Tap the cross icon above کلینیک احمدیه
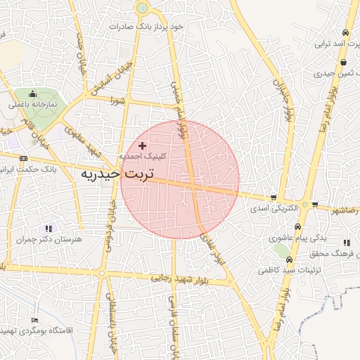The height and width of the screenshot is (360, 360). (x=143, y=146)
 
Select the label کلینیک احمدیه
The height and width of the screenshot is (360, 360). (x=143, y=156)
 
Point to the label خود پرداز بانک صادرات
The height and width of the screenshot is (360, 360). (x=146, y=26)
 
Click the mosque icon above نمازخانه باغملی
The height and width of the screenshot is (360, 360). (x=32, y=94)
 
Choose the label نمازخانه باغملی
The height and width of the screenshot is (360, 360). (x=32, y=104)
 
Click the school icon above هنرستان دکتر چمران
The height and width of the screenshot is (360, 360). (x=49, y=229)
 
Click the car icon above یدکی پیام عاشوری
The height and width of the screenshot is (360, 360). (x=298, y=227)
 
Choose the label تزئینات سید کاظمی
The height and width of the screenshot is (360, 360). (x=289, y=269)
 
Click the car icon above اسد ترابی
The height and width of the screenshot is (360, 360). (x=345, y=33)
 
